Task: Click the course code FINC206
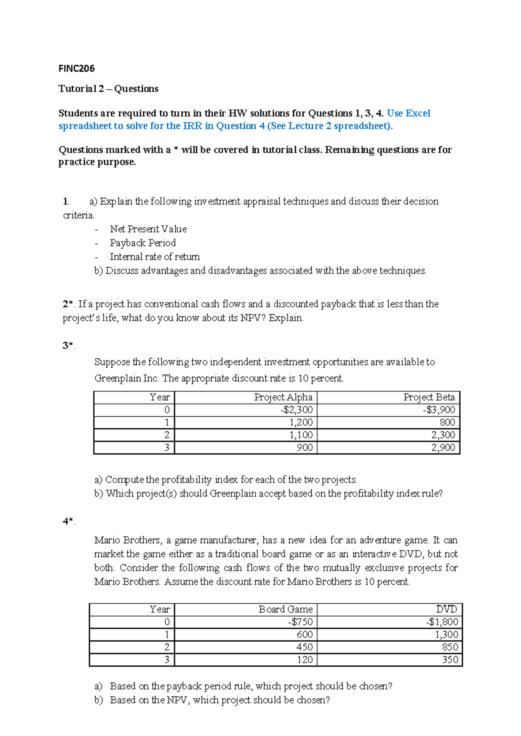tap(76, 69)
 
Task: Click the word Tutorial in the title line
tap(77, 89)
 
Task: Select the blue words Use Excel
tap(408, 113)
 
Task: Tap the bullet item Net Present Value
tap(148, 229)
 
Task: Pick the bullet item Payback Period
tap(142, 243)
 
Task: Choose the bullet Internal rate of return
tap(155, 257)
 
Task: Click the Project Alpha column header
tap(283, 398)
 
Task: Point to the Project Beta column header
tap(429, 398)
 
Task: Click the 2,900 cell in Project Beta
tap(443, 448)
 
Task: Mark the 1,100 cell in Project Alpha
tap(301, 435)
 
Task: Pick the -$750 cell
tap(300, 622)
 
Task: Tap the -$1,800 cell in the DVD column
tap(442, 622)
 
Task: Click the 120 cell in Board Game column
tap(305, 660)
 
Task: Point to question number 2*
tap(68, 304)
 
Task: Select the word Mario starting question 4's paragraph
tap(107, 540)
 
